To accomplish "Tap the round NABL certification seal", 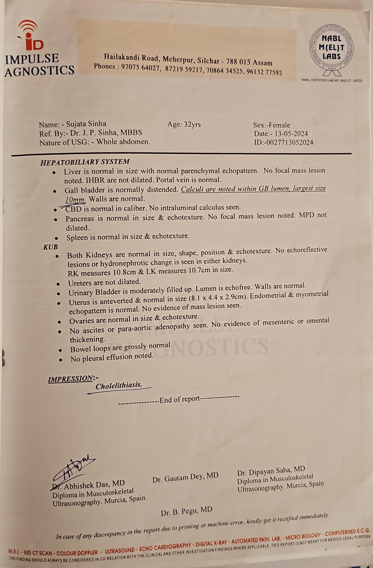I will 332,48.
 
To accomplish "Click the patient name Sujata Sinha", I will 86,124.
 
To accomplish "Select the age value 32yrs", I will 192,124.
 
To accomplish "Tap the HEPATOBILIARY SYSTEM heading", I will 85,162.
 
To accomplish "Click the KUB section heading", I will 51,247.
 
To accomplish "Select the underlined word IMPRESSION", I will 71,379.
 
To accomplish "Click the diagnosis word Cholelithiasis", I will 119,386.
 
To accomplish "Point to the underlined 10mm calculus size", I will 76,199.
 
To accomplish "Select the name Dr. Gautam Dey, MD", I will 185,477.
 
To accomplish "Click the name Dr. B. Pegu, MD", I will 187,511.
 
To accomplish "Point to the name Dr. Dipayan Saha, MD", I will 271,471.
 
